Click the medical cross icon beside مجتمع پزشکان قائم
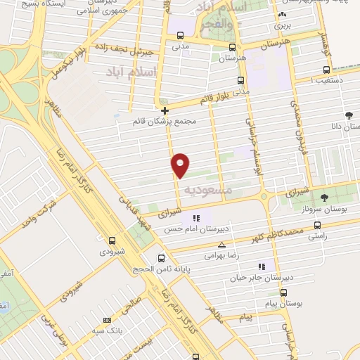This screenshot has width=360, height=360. (165, 110)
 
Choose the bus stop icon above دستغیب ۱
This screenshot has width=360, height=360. (326, 70)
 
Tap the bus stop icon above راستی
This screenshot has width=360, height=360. (317, 226)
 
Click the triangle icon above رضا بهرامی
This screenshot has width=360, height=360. (222, 245)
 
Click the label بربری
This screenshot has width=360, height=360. (282, 25)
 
